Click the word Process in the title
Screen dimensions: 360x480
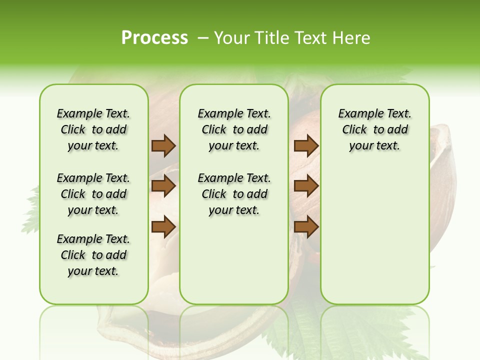(x=154, y=38)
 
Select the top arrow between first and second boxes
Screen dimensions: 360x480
(x=163, y=146)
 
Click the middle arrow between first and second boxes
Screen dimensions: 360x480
(x=163, y=186)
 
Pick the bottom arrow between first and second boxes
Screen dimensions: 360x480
(x=163, y=227)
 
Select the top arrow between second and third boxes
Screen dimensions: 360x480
(x=306, y=146)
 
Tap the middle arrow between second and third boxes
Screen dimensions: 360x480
(x=306, y=186)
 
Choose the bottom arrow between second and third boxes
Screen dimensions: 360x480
(x=306, y=227)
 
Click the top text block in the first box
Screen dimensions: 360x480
(x=93, y=129)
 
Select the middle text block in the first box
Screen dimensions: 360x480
(x=93, y=194)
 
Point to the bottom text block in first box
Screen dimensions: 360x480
(x=93, y=255)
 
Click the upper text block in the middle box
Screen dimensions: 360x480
(x=234, y=129)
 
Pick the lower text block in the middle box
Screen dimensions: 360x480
(x=234, y=194)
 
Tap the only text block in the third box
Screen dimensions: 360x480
(x=374, y=129)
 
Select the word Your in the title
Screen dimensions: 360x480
(x=232, y=38)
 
